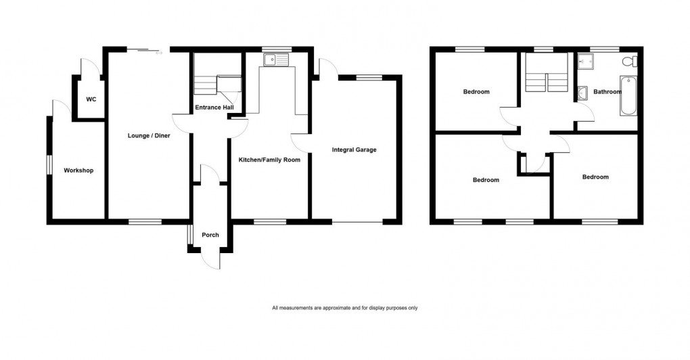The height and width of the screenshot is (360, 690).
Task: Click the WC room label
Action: pos(91,99)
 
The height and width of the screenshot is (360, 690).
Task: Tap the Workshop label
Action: pos(78,171)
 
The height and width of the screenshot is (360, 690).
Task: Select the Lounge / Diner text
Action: pos(149,136)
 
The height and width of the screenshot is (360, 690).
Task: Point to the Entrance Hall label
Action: pos(214,108)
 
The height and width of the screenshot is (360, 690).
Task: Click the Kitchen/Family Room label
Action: pos(269,160)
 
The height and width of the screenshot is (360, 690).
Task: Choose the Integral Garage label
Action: pos(354,150)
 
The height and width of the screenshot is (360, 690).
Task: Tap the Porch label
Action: pos(210,235)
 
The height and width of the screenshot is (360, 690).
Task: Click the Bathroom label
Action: pos(607,91)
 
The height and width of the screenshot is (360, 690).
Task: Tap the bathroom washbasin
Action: pos(581,92)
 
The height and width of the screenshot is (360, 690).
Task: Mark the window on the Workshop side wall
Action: pos(49,166)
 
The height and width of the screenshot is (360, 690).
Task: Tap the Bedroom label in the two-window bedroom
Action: pos(486,180)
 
